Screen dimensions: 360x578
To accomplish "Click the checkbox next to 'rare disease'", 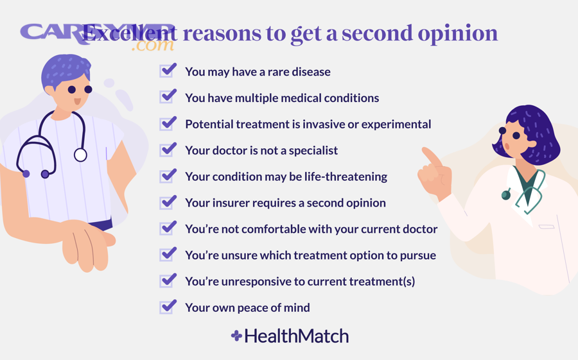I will [168, 71].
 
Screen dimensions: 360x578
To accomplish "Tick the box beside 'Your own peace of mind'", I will [168, 307].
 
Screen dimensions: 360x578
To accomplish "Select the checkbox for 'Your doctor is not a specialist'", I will [168, 150].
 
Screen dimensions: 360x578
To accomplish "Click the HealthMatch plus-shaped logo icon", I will [236, 336].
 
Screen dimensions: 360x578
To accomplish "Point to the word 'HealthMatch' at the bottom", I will [296, 336].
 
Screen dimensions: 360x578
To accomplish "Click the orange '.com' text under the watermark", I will [152, 46].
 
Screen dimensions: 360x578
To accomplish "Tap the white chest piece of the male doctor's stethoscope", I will [80, 155].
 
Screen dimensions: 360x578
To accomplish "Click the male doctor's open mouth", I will [77, 102].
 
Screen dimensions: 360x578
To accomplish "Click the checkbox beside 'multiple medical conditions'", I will [168, 97].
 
